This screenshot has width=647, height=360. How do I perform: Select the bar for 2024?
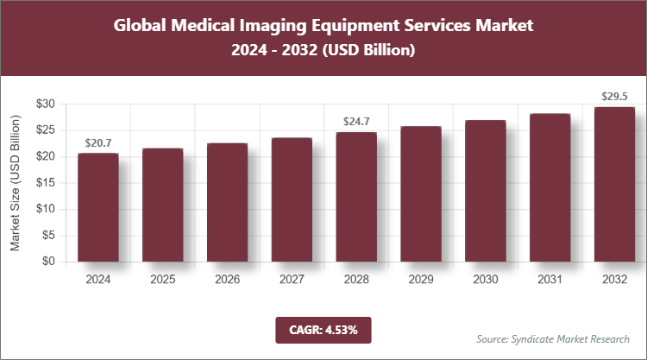coord(97,207)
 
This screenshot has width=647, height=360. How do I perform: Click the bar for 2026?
coord(227,202)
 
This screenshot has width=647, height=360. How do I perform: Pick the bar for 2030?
coord(486,191)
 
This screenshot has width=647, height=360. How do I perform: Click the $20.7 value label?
coord(98,142)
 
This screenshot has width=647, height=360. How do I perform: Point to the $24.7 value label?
coord(356,122)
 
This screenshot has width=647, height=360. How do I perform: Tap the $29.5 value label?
coord(615,96)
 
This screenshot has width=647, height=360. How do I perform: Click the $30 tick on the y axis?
coord(45,104)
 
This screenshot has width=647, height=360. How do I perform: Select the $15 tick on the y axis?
coord(45,183)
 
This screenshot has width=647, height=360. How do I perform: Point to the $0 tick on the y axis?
coord(48,262)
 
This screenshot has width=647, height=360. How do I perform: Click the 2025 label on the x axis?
coord(162,280)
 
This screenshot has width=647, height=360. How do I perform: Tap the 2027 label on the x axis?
coord(292,280)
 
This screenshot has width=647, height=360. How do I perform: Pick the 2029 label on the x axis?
coord(421,280)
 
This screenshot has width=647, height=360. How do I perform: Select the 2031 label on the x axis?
coord(550,280)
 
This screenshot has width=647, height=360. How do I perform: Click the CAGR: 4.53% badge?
coord(323,330)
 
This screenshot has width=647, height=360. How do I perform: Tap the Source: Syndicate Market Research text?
coord(552,338)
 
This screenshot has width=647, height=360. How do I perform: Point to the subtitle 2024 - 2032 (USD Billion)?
coord(323,52)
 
